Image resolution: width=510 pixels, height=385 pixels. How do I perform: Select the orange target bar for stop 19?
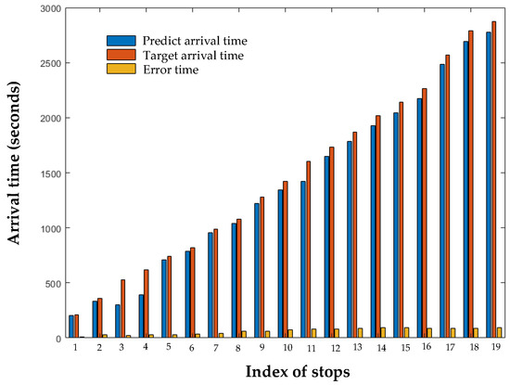click(494, 180)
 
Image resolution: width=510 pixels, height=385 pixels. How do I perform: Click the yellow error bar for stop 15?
click(407, 333)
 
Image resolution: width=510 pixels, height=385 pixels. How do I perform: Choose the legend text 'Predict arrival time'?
click(194, 41)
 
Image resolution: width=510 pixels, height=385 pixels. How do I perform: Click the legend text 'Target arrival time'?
click(193, 55)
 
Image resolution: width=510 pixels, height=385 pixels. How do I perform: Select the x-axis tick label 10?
click(287, 348)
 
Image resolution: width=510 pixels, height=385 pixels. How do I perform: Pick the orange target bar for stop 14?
click(378, 227)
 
